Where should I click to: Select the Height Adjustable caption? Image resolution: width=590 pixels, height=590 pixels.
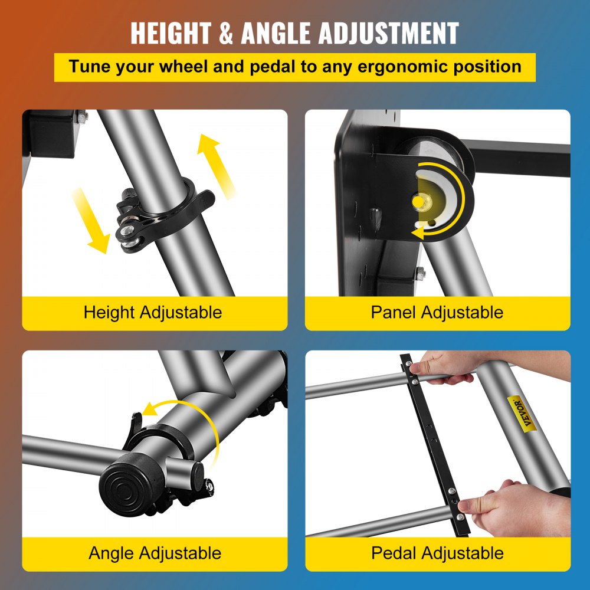pos(153,312)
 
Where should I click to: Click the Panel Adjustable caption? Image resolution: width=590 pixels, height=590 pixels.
pos(437,312)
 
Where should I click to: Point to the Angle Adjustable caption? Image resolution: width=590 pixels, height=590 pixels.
pos(155,553)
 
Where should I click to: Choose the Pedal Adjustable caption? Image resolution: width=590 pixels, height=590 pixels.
pos(437,553)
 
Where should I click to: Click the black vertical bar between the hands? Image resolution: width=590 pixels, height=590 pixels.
pos(436,442)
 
